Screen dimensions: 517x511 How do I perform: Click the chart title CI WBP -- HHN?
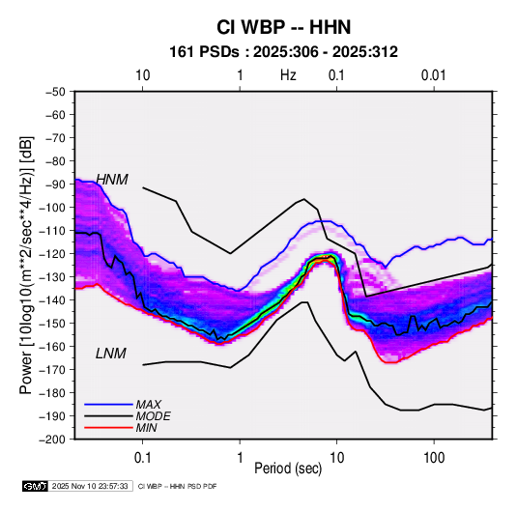click(283, 27)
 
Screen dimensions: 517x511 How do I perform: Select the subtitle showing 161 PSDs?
click(283, 52)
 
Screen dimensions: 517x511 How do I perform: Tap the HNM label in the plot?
click(112, 180)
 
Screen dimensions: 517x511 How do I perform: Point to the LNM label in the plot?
click(111, 354)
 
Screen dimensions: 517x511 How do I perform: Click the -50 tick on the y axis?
click(55, 92)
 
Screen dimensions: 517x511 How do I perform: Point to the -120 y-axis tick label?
click(52, 254)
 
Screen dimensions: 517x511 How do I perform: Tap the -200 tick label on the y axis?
click(52, 440)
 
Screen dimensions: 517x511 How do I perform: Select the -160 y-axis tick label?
click(52, 347)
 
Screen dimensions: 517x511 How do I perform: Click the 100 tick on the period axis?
click(434, 458)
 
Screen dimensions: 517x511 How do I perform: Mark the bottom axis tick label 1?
click(240, 458)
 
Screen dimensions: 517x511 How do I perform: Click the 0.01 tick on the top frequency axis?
click(434, 75)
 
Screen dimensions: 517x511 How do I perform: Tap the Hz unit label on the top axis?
click(288, 75)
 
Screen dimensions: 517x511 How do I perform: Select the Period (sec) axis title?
click(288, 468)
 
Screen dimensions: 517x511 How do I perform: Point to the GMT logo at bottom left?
click(36, 486)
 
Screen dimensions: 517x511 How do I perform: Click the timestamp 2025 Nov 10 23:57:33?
click(90, 486)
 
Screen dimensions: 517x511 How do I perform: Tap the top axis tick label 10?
click(143, 75)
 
